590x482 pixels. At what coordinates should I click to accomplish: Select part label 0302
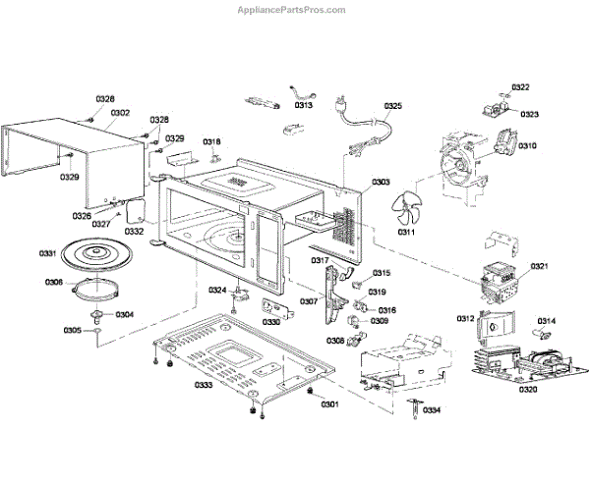tap(120, 113)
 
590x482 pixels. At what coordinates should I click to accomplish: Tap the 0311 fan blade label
tap(405, 234)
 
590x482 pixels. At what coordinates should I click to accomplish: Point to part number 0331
tap(48, 254)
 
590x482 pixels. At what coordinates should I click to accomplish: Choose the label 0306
tap(54, 283)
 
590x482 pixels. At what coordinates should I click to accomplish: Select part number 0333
tap(204, 385)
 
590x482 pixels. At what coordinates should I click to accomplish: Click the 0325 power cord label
tap(392, 106)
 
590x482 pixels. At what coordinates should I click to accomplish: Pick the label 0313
tap(304, 105)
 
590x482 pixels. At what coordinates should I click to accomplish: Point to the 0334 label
tap(432, 409)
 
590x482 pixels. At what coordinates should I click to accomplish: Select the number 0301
tap(329, 404)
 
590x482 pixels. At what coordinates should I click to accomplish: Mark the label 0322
tap(520, 87)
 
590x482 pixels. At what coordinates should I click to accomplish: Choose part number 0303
tap(381, 183)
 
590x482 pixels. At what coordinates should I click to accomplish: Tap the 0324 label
tap(217, 290)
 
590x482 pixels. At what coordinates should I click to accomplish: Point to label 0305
tap(73, 330)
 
